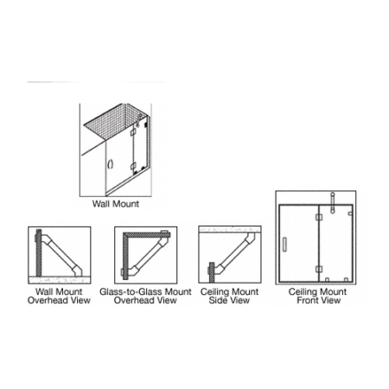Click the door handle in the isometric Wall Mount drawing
coord(110,164)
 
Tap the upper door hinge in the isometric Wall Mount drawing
coord(133,132)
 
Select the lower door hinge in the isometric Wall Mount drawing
coord(132,166)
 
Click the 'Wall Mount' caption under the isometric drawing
coord(116,204)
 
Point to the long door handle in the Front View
coord(284,245)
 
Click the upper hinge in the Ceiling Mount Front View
coord(319,217)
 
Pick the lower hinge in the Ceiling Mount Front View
coord(319,270)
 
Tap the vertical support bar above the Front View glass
coord(333,203)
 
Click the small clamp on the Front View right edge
coord(350,214)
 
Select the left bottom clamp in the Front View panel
coord(327,279)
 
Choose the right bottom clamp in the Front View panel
coord(346,279)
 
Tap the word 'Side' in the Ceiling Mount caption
coord(219,300)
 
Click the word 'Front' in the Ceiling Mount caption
coord(309,300)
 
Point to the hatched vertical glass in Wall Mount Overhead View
coord(39,252)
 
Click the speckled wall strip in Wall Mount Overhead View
coord(60,279)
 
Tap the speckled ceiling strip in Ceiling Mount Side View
coord(230,229)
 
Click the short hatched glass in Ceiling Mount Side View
coord(212,272)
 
